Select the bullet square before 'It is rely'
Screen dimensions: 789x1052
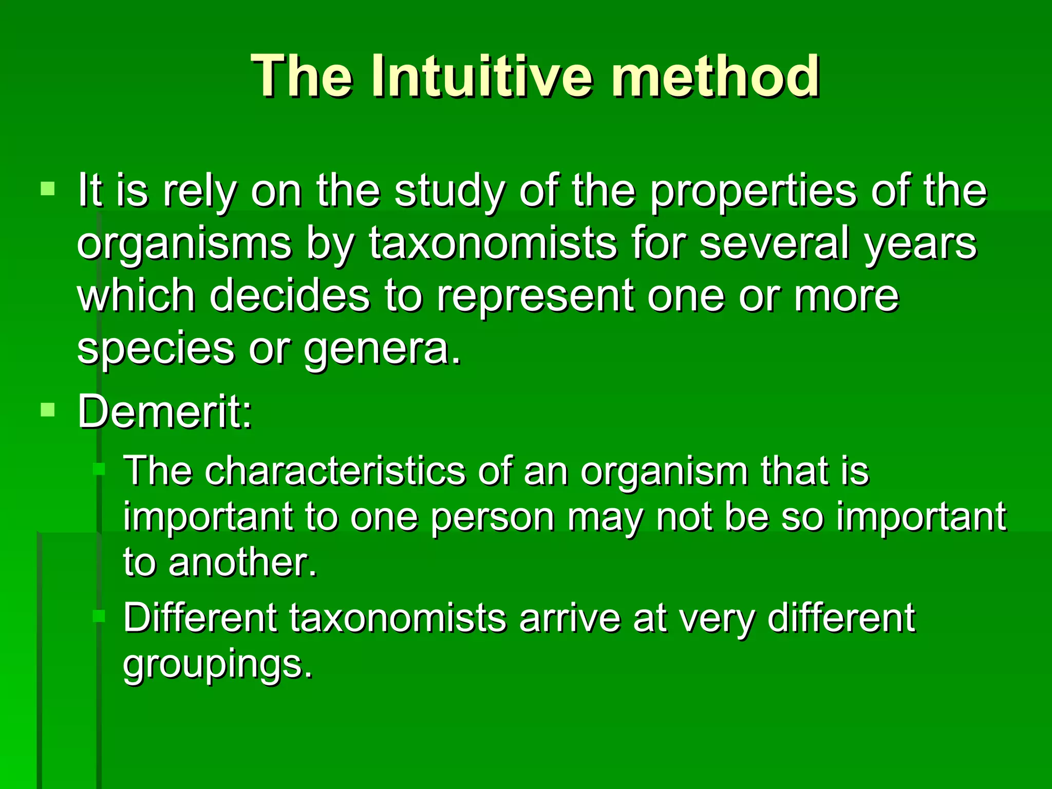(x=47, y=189)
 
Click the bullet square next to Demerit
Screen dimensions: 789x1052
(x=47, y=409)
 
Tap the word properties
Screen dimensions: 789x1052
(x=754, y=191)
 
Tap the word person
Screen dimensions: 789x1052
(x=492, y=517)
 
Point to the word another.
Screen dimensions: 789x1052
(x=242, y=562)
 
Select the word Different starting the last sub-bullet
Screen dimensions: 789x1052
(x=200, y=617)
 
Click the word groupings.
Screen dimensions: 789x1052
(x=217, y=664)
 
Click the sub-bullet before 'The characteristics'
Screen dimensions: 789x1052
(x=99, y=469)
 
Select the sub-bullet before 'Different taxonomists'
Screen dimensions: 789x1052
(x=99, y=616)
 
